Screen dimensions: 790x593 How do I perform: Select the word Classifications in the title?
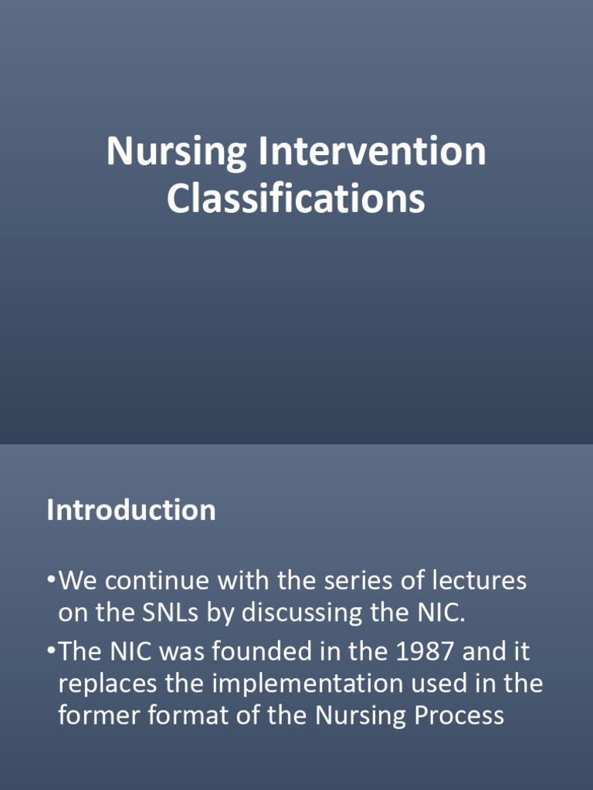tap(296, 198)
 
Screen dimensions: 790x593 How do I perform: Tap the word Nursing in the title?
tap(177, 153)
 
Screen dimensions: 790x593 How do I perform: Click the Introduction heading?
tap(131, 511)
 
